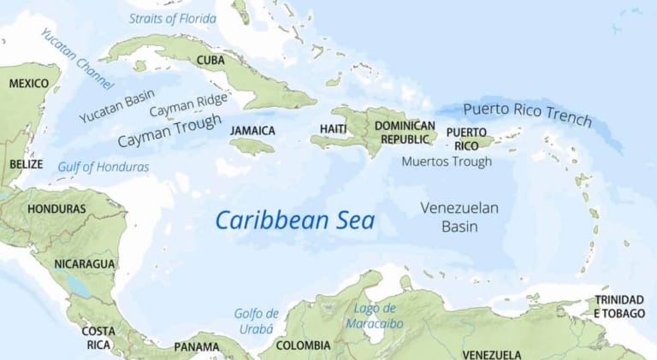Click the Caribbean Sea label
pos(294,220)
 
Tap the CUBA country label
pos(210,60)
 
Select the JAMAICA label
pos(252,130)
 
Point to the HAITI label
pos(333,129)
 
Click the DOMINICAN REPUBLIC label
pos(405,133)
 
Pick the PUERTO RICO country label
pos(467,139)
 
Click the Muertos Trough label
pos(447,161)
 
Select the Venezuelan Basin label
pos(459,217)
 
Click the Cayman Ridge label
pos(188,105)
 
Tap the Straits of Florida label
pos(172,17)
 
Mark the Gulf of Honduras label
pos(103,167)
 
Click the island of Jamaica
pos(253,147)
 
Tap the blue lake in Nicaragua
pos(80,286)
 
